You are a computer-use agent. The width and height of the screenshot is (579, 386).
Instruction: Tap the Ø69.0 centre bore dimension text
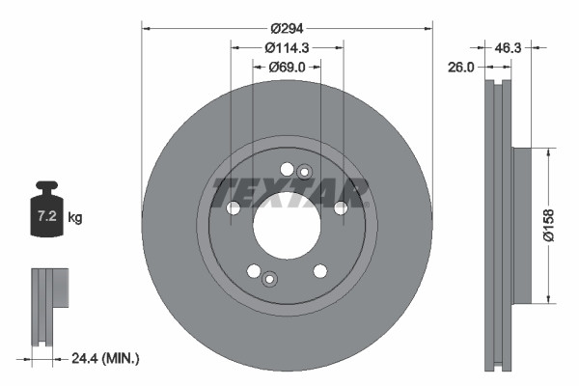(287, 67)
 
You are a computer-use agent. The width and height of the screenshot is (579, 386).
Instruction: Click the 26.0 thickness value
(462, 67)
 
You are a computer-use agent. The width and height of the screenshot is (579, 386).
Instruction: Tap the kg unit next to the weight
(75, 218)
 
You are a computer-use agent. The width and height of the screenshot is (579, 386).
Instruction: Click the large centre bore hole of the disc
(287, 225)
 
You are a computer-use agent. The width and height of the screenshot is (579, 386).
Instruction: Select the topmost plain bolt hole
(287, 169)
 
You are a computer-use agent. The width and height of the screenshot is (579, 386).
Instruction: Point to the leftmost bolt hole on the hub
(233, 208)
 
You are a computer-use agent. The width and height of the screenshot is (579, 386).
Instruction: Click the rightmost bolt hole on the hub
(341, 208)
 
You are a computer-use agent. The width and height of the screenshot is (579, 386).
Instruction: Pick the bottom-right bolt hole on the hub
(319, 271)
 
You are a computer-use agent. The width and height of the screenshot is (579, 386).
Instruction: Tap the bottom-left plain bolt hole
(254, 271)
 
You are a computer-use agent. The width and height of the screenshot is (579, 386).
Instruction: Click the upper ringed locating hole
(305, 173)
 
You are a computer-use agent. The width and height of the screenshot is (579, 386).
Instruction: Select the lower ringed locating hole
(269, 280)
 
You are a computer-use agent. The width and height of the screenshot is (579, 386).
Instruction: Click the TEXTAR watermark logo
(289, 191)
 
